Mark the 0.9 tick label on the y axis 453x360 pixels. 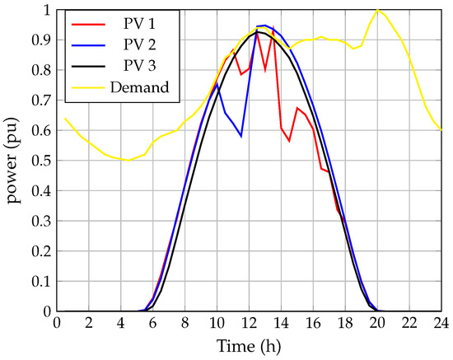36,40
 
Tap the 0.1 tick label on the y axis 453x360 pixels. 36,282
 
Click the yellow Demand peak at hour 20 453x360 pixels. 377,10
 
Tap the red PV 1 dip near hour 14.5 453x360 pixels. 289,141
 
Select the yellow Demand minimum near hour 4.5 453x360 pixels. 128,160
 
